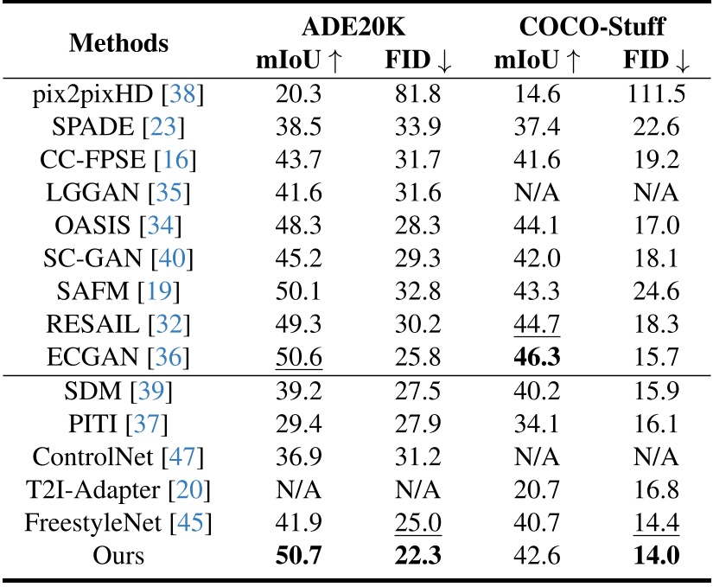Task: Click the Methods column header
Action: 120,42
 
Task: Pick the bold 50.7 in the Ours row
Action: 299,555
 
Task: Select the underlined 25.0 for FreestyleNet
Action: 418,522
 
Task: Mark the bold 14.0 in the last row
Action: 654,555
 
